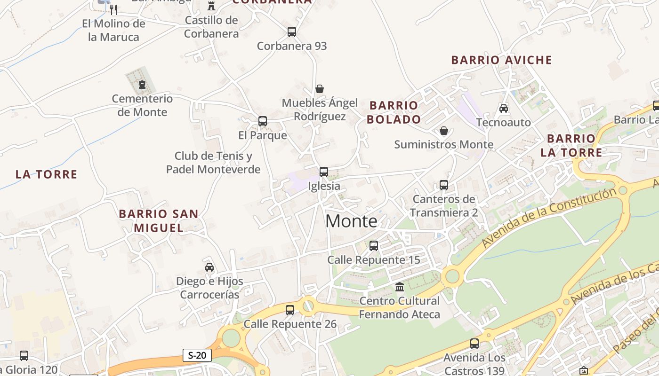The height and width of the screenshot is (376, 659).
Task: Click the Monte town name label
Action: pos(351,221)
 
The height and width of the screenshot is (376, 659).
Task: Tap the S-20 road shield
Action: pos(197,355)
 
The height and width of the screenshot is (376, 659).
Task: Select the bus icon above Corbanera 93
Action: pos(292,32)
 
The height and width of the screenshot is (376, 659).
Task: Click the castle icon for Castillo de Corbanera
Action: pos(211,6)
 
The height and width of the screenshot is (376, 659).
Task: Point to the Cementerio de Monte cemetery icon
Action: pos(141,85)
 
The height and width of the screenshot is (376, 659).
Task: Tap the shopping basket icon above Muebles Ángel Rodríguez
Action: pos(320,89)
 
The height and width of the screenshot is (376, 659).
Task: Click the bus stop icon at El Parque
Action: pos(263,121)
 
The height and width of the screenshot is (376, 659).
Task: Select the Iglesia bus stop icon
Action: pos(324,172)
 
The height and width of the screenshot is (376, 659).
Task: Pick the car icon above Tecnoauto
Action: pos(504,109)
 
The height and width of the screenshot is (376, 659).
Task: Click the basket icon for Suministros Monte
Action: pos(443,131)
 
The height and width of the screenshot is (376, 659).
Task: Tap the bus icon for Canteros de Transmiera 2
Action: pos(443,185)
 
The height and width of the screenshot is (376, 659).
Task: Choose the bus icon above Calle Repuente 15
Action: pos(374,246)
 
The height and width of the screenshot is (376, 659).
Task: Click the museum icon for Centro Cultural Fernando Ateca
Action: pos(400,287)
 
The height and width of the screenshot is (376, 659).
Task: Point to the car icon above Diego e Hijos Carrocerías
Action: pos(209,267)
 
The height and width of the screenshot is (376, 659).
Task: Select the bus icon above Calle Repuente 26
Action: pos(290,310)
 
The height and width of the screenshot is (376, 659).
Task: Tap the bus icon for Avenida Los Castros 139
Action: pos(474,344)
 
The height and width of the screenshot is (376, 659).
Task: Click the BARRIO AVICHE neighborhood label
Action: pos(501,60)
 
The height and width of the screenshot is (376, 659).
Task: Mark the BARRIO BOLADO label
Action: pos(394,112)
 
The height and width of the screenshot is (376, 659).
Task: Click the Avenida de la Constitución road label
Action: pos(548,218)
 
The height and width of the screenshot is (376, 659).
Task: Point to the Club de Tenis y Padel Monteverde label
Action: pos(213,163)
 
